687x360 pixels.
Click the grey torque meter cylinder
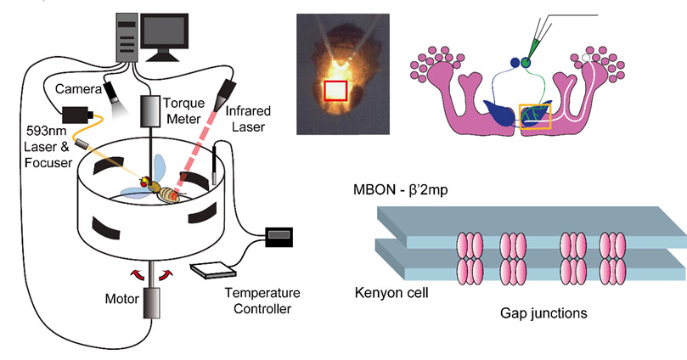pos(152,108)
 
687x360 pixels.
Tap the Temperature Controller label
pos(258,301)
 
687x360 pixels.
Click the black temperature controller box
pos(279,237)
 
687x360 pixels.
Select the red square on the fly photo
pos(337,92)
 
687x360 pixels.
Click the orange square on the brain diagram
pos(535,117)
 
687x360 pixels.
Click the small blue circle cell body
pos(513,62)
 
